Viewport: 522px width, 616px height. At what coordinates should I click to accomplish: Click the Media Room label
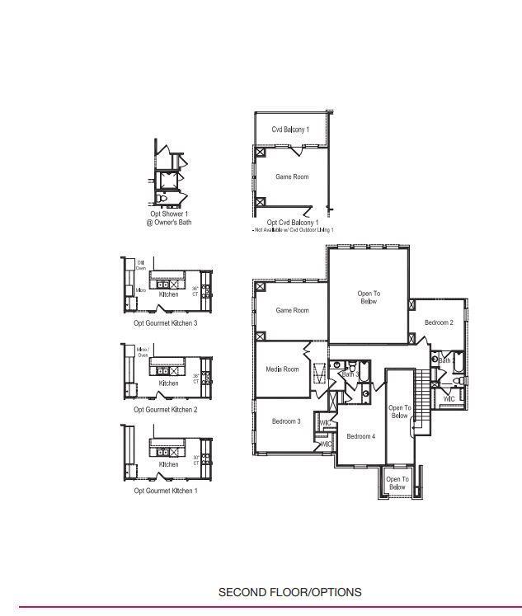tap(282, 369)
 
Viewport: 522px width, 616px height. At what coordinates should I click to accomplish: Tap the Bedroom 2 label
tap(439, 322)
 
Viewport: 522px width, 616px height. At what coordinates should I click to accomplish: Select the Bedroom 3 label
tap(286, 421)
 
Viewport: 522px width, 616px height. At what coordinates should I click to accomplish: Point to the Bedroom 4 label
tap(360, 436)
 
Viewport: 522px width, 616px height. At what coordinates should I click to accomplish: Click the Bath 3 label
tap(350, 375)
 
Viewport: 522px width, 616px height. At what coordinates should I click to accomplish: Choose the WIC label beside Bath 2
tap(449, 399)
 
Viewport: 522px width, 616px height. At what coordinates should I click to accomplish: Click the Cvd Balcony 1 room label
tap(290, 129)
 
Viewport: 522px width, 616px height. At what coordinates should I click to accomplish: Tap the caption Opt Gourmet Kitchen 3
tap(166, 323)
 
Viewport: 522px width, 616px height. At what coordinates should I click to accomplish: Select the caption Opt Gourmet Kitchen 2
tap(166, 410)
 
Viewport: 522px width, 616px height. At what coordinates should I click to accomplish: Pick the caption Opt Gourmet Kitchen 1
tap(166, 491)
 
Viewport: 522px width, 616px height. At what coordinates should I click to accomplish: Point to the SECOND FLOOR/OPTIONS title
tap(289, 592)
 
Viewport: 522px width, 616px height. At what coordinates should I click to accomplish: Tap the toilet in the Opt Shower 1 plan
tap(162, 200)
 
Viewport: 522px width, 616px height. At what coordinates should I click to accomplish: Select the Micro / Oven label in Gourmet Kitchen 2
tap(142, 352)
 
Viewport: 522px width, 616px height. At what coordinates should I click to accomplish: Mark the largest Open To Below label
tap(369, 298)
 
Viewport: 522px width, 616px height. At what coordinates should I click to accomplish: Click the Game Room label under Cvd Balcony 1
tap(292, 176)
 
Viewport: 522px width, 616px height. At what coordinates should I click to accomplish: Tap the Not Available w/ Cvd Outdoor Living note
tap(293, 230)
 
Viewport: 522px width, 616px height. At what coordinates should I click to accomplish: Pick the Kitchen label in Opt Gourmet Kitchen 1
tap(168, 464)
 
